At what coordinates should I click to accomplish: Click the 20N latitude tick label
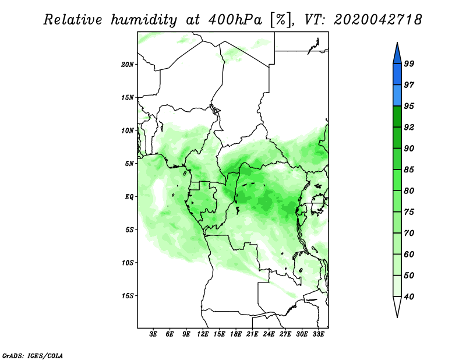point(128,64)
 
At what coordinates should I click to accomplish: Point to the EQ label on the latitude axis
point(129,197)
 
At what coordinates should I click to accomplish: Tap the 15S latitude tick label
point(128,296)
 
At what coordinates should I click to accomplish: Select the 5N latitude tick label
point(129,164)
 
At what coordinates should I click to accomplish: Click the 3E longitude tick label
point(153,334)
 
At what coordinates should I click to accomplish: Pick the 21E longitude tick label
point(252,334)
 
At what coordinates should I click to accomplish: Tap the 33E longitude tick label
point(318,334)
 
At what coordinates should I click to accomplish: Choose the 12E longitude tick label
point(203,334)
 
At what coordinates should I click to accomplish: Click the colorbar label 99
point(409,63)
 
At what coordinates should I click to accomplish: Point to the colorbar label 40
point(409,297)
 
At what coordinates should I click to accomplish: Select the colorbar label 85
point(409,170)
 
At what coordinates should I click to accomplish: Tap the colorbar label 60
point(409,254)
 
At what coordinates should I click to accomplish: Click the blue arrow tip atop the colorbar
point(397,43)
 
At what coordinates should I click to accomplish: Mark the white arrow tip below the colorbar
point(397,317)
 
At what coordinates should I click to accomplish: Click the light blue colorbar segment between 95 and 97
point(397,96)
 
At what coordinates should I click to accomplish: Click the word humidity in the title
point(144,20)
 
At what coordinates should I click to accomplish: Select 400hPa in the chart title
point(235,20)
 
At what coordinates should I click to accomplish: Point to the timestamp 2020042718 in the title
point(377,20)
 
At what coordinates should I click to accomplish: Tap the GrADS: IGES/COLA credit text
point(33,355)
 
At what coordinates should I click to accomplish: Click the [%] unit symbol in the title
point(281,20)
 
